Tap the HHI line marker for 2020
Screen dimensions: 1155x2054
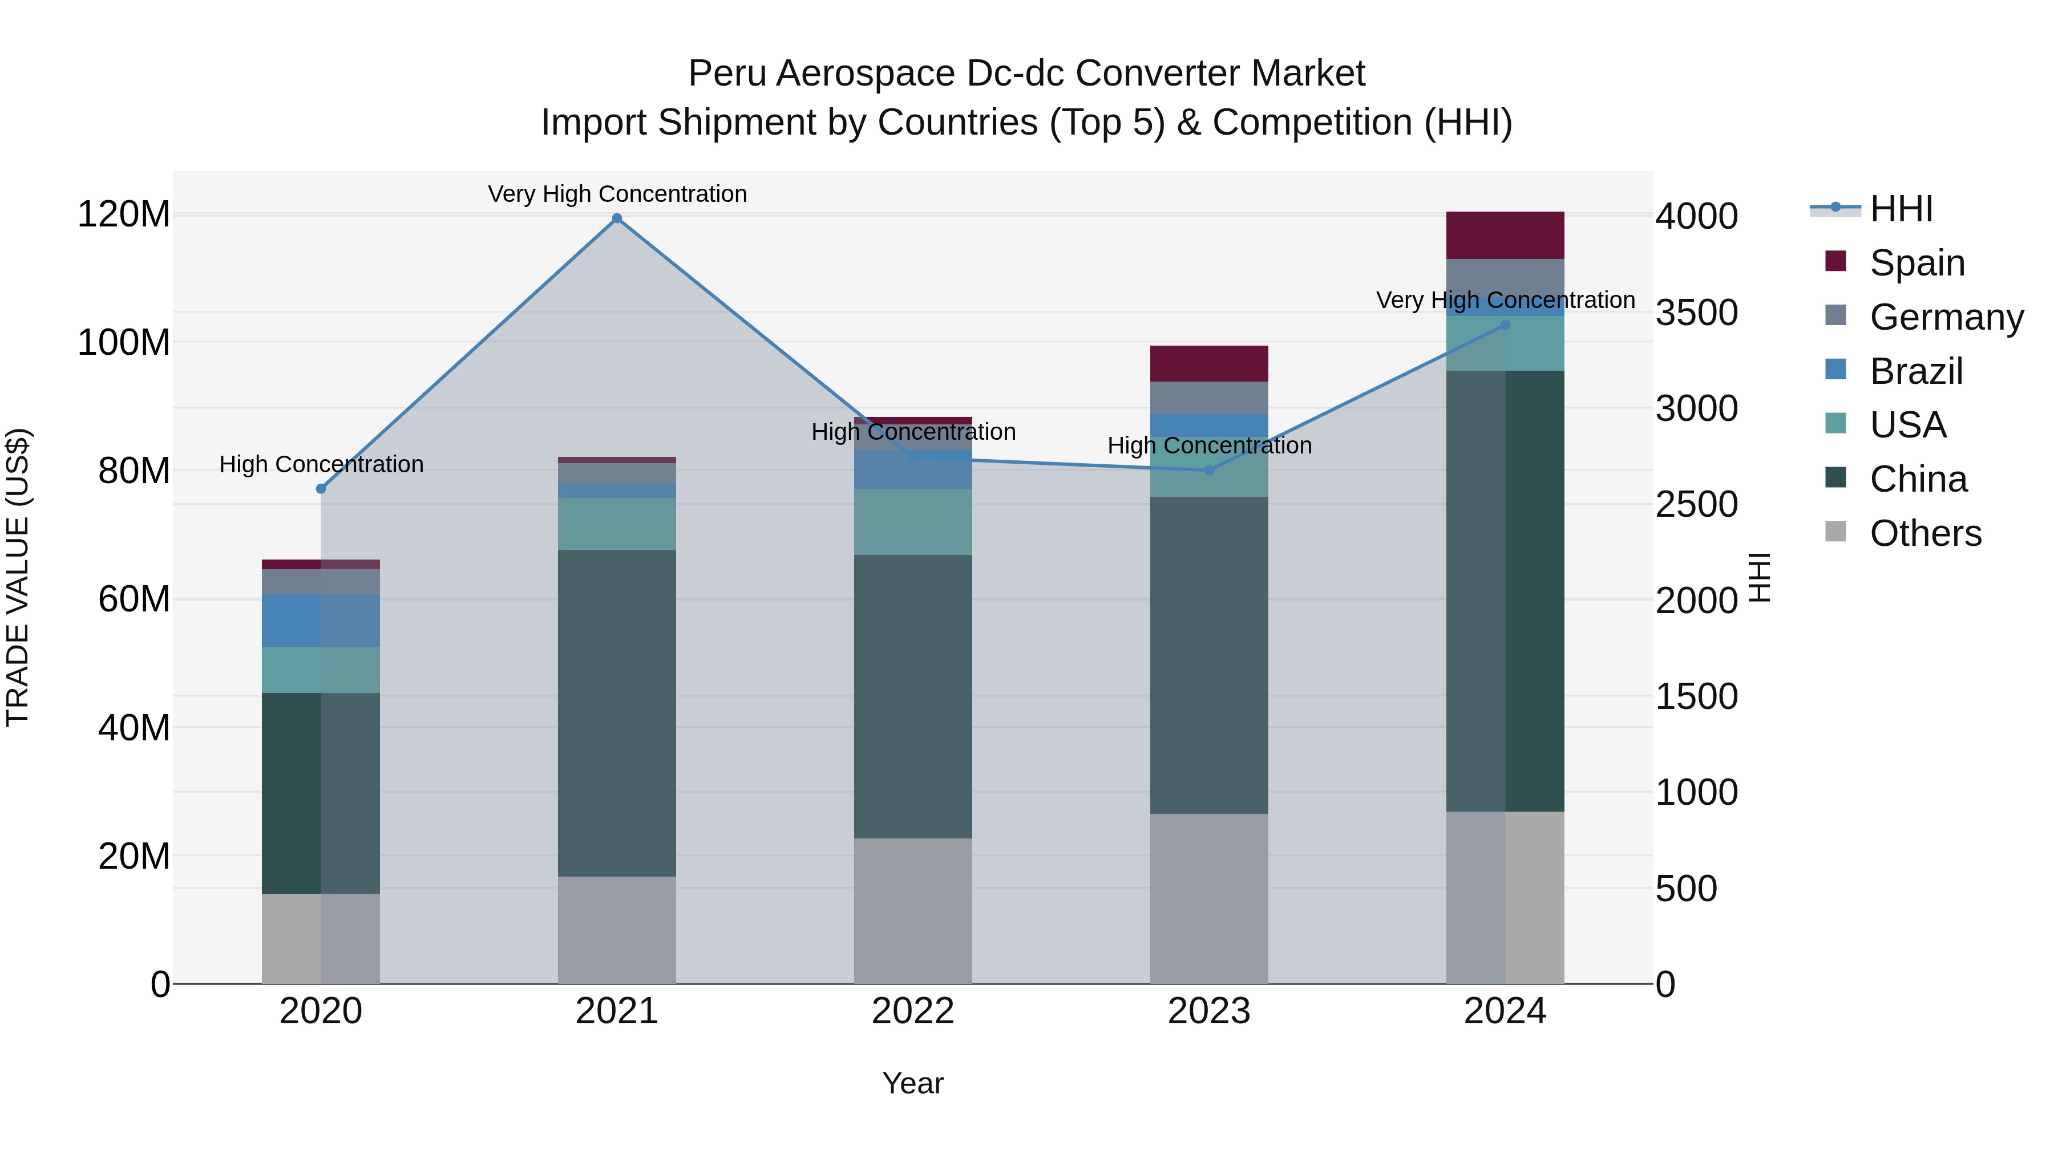click(321, 489)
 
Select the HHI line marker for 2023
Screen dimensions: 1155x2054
click(1209, 471)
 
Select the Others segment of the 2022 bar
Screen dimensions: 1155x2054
click(913, 910)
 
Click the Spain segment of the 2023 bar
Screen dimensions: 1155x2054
click(1209, 363)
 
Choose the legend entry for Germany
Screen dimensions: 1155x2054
click(1946, 317)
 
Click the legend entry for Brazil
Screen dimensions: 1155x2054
click(1915, 371)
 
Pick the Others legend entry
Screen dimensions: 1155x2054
click(1925, 533)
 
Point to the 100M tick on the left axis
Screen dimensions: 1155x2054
click(124, 343)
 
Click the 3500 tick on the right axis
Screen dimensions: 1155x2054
click(1697, 313)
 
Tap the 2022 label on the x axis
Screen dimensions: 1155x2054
click(913, 1011)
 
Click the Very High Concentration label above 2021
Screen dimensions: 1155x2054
click(617, 194)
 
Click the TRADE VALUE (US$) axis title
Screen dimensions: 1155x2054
click(18, 577)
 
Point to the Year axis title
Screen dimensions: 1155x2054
click(913, 1083)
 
